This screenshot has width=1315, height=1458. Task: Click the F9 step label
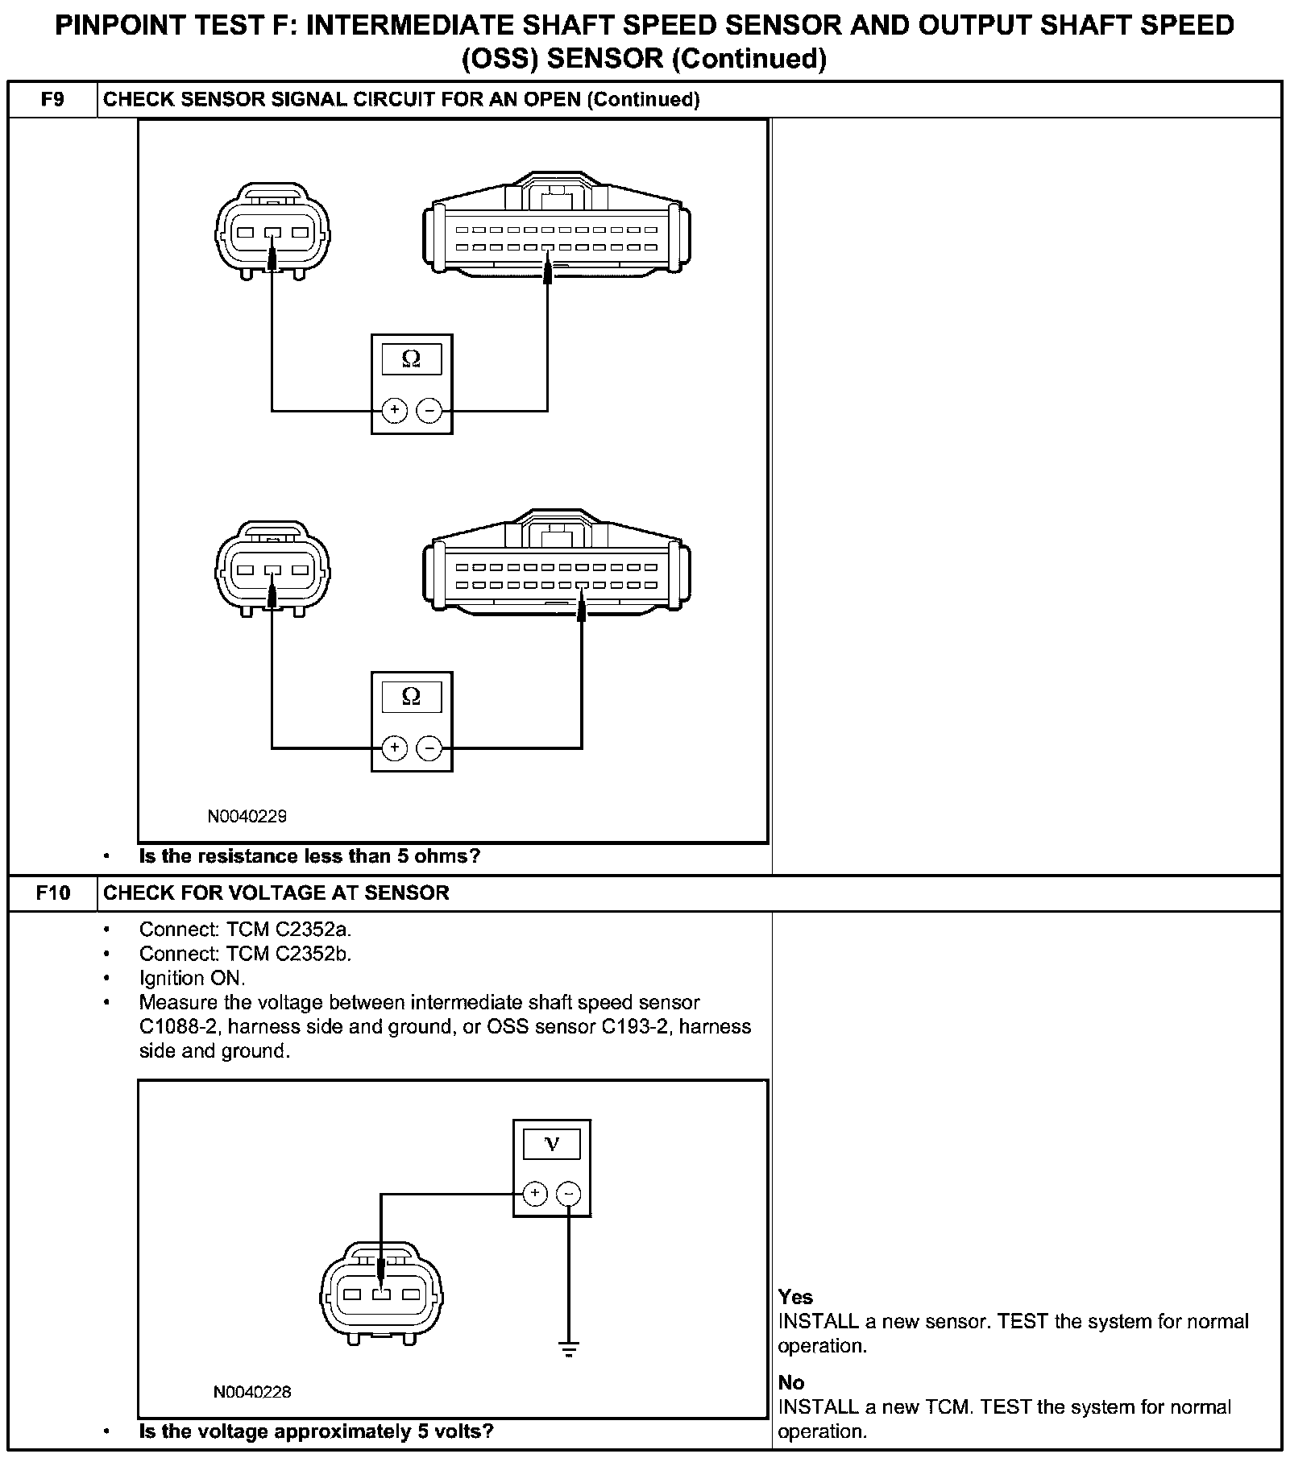tap(52, 99)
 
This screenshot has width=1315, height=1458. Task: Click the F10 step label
tap(52, 893)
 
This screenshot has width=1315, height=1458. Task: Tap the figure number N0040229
tap(247, 816)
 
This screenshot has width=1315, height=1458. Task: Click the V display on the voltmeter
tap(551, 1144)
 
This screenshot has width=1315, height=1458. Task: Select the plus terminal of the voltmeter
tap(535, 1193)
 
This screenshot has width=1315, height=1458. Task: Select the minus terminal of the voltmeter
tap(569, 1193)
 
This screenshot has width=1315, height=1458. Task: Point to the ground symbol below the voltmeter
tap(569, 1349)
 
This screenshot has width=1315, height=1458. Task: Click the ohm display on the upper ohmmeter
tap(411, 359)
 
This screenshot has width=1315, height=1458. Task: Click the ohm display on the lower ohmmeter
tap(411, 697)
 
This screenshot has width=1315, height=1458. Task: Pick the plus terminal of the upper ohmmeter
tap(394, 411)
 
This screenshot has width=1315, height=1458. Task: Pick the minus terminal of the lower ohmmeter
tap(429, 748)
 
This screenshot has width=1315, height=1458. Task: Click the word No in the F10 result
tap(790, 1382)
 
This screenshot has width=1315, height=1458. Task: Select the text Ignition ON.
tap(192, 978)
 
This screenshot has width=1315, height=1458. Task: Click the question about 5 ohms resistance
tap(309, 856)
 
